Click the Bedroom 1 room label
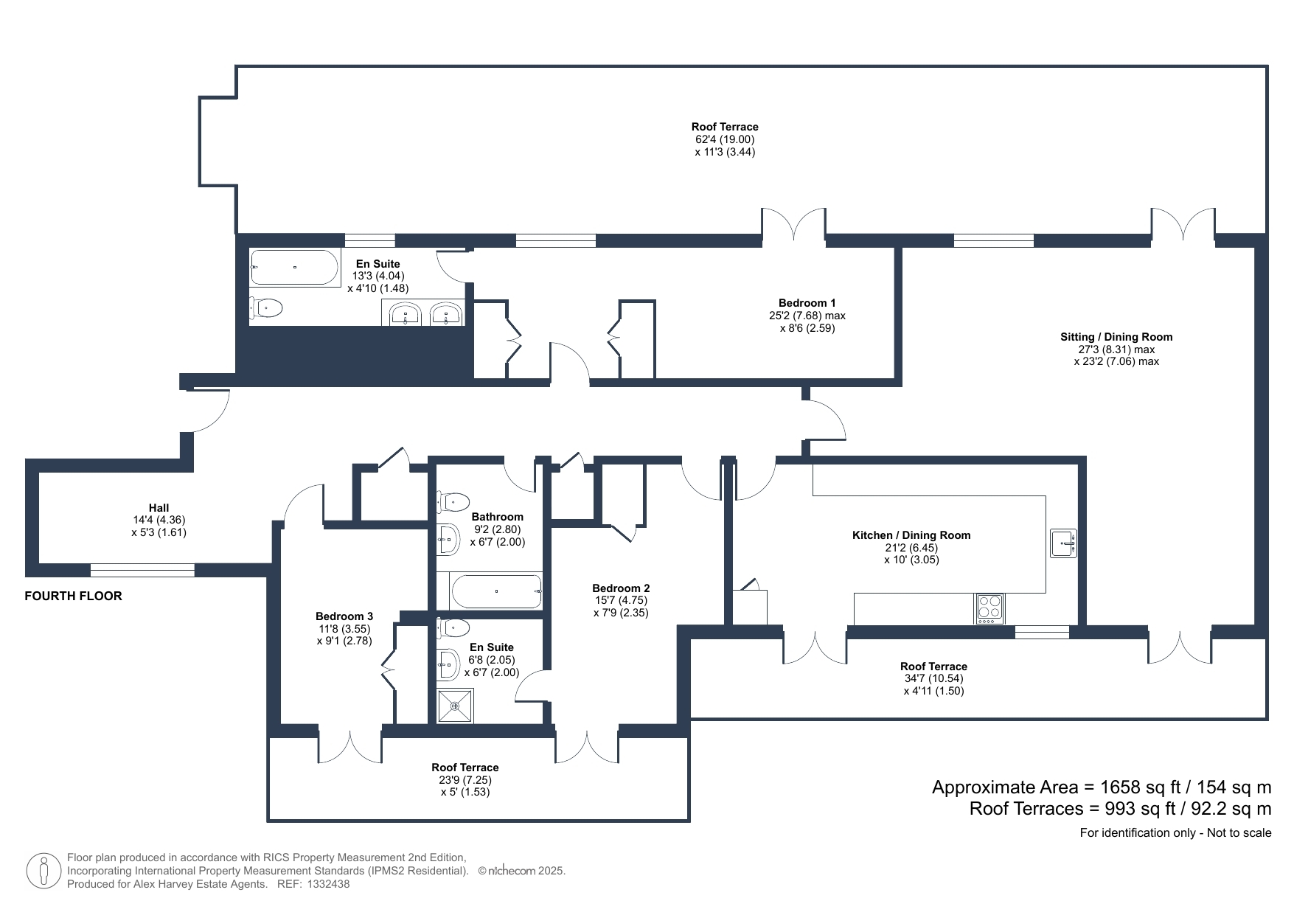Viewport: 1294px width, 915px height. (x=807, y=303)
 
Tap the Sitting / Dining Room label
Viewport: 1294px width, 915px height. (x=1116, y=337)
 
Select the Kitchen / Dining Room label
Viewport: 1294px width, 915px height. (x=911, y=535)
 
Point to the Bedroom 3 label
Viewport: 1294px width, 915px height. (x=344, y=616)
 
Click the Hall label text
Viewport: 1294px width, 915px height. (x=159, y=507)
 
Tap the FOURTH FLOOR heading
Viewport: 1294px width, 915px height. (x=73, y=596)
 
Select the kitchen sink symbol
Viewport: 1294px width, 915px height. (x=1063, y=543)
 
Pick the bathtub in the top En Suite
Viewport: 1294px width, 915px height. (x=294, y=267)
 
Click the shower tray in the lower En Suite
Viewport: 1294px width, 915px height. (x=455, y=706)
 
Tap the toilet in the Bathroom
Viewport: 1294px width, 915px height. (x=453, y=503)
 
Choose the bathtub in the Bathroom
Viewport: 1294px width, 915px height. (x=496, y=591)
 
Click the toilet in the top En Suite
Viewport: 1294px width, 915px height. (x=266, y=307)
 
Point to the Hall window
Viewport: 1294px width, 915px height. (x=142, y=570)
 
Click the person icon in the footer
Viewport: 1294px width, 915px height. (x=44, y=871)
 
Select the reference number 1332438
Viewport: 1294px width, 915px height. (x=328, y=884)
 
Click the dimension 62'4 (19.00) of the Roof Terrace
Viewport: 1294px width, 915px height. (x=725, y=139)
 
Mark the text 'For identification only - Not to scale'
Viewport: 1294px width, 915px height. (x=1176, y=833)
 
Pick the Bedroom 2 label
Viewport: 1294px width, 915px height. (x=621, y=588)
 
